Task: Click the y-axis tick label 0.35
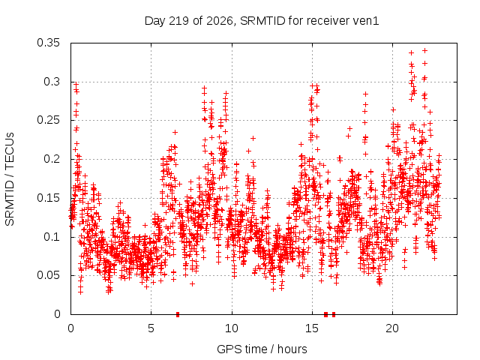click(x=48, y=43)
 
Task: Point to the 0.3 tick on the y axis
click(x=52, y=82)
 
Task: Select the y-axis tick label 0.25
click(x=48, y=120)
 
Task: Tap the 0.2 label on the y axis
click(x=52, y=159)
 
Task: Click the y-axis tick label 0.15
click(x=48, y=198)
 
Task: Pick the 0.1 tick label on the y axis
click(x=52, y=237)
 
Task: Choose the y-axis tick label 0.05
click(x=48, y=275)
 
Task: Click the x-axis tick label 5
click(x=151, y=328)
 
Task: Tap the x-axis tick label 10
click(x=232, y=328)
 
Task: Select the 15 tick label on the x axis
click(x=312, y=328)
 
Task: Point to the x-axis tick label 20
click(x=392, y=328)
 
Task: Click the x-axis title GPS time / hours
click(x=262, y=349)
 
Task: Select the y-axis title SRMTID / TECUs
click(x=10, y=179)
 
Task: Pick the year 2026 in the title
click(x=220, y=21)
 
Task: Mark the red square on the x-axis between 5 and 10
click(x=178, y=314)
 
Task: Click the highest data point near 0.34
click(x=424, y=51)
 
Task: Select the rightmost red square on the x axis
click(x=334, y=314)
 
